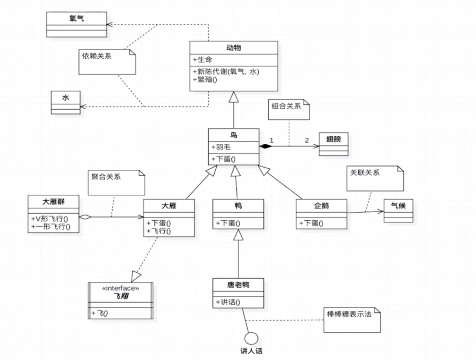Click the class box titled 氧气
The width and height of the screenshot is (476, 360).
click(76, 24)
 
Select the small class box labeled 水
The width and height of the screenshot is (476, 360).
click(65, 103)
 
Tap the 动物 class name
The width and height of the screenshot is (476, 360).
click(234, 48)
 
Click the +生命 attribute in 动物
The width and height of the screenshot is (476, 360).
click(203, 60)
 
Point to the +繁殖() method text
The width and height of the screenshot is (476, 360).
click(205, 80)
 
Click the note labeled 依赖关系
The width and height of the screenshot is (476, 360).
click(107, 62)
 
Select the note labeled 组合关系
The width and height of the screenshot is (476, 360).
click(289, 109)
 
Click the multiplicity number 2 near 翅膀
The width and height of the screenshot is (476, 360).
click(307, 140)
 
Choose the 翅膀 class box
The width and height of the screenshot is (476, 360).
click(333, 144)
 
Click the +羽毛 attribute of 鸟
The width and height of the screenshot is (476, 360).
click(221, 147)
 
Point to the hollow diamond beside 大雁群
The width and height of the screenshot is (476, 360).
click(85, 217)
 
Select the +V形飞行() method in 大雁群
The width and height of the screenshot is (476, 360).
click(50, 219)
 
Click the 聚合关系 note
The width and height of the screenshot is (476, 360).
click(116, 182)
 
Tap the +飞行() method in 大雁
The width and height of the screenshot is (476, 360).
click(159, 231)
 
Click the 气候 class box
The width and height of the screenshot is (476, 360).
click(398, 210)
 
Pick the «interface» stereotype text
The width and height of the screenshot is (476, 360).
click(121, 289)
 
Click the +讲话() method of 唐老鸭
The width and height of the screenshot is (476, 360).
click(228, 302)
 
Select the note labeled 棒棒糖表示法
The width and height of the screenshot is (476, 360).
click(352, 320)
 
